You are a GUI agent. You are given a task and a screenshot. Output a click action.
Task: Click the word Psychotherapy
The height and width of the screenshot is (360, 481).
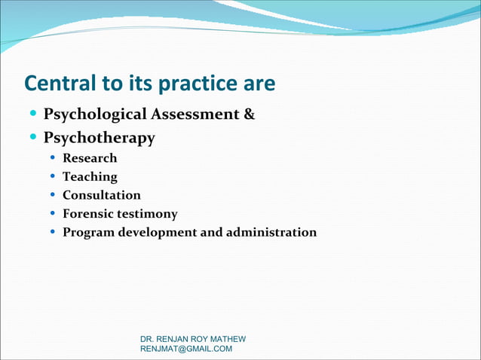[100, 139]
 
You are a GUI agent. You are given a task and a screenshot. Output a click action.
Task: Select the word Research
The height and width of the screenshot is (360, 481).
[90, 158]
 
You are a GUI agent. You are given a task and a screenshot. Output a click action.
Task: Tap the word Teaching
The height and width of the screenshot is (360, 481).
[90, 177]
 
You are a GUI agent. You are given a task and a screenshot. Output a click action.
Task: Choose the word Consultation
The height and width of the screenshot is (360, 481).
[101, 195]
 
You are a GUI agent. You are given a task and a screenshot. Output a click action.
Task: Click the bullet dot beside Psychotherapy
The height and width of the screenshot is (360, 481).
[32, 138]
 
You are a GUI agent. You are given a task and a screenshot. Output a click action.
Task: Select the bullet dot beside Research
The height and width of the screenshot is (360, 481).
[51, 158]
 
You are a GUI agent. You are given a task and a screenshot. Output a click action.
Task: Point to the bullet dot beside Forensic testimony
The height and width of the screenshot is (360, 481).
[51, 214]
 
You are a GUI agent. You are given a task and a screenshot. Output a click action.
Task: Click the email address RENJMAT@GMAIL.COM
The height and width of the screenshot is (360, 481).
[186, 349]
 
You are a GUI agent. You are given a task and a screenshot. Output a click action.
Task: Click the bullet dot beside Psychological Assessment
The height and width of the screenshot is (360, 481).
[32, 114]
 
